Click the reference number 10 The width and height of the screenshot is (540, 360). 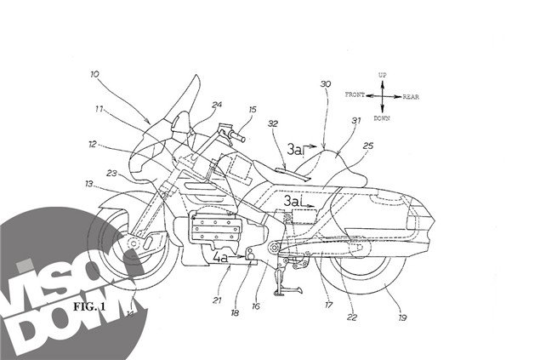click(x=93, y=75)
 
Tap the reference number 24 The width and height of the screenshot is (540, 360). click(x=217, y=106)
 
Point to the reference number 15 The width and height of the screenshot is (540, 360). click(x=252, y=110)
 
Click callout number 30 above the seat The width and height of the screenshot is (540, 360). click(x=325, y=85)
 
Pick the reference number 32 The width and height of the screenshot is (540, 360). click(x=272, y=123)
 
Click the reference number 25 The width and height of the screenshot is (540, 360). click(x=367, y=146)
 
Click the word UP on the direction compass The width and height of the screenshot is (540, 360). click(x=383, y=76)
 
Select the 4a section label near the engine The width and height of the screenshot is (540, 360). click(x=221, y=254)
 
